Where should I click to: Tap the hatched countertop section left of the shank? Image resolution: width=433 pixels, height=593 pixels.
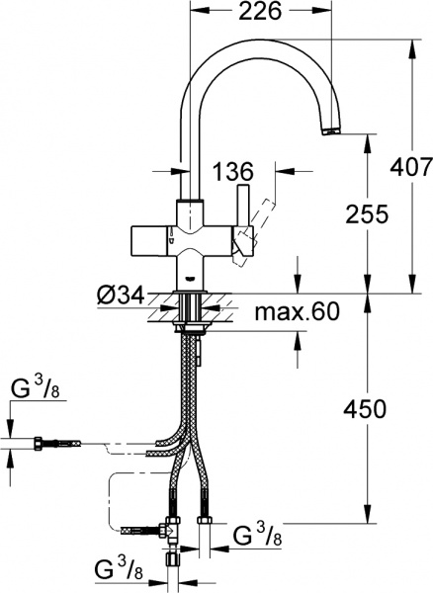coord(158,315)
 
